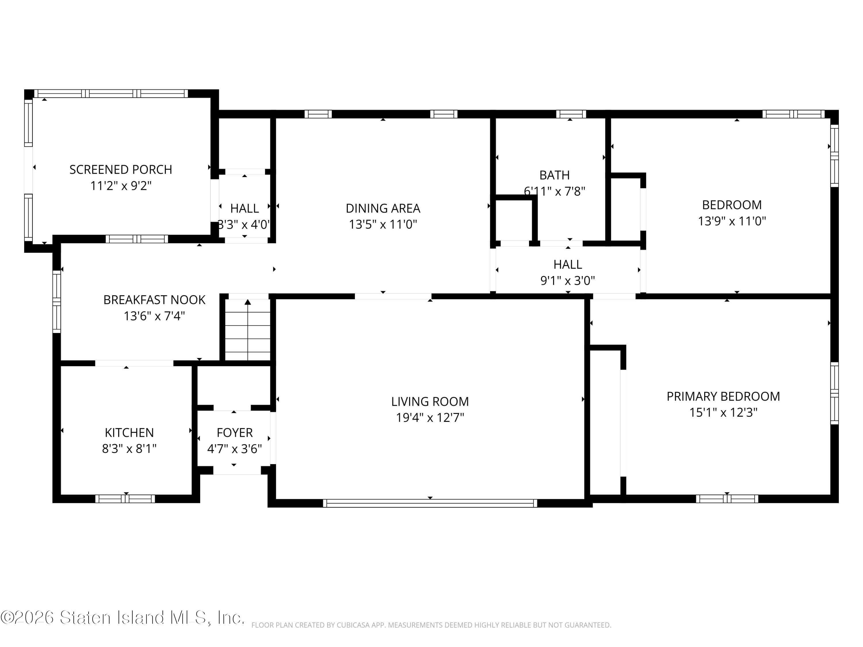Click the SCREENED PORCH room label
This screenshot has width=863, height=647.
point(121,170)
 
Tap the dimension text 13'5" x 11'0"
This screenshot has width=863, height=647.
point(383,225)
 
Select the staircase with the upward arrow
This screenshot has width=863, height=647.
point(248,330)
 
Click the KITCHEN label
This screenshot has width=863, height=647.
point(129,432)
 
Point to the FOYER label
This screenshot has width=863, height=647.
point(234,432)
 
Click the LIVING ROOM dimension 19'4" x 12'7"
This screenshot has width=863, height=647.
point(430,418)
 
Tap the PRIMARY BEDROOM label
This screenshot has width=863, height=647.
point(723,396)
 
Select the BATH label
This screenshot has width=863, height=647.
point(554,175)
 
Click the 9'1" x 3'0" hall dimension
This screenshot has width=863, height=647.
point(567,280)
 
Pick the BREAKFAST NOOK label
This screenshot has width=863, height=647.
point(154,300)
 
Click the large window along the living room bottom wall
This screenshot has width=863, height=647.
point(430,503)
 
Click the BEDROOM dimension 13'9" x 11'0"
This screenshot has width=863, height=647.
point(732,221)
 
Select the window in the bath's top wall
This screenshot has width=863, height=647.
point(570,114)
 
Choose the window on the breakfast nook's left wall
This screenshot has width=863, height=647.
point(57,301)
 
